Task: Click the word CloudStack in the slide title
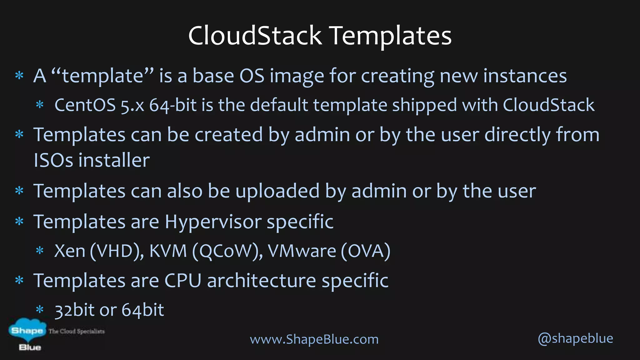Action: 255,35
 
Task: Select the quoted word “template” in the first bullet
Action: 102,76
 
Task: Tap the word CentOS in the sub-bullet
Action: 85,105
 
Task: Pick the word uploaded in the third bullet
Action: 277,191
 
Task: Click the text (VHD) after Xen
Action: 117,251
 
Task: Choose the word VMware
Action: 302,251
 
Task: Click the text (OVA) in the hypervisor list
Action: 366,251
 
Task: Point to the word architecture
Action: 262,281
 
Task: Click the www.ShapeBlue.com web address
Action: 314,339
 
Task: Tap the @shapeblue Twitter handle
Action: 575,338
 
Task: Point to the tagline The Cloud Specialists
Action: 77,331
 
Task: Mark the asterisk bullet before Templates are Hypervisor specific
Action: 19,222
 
